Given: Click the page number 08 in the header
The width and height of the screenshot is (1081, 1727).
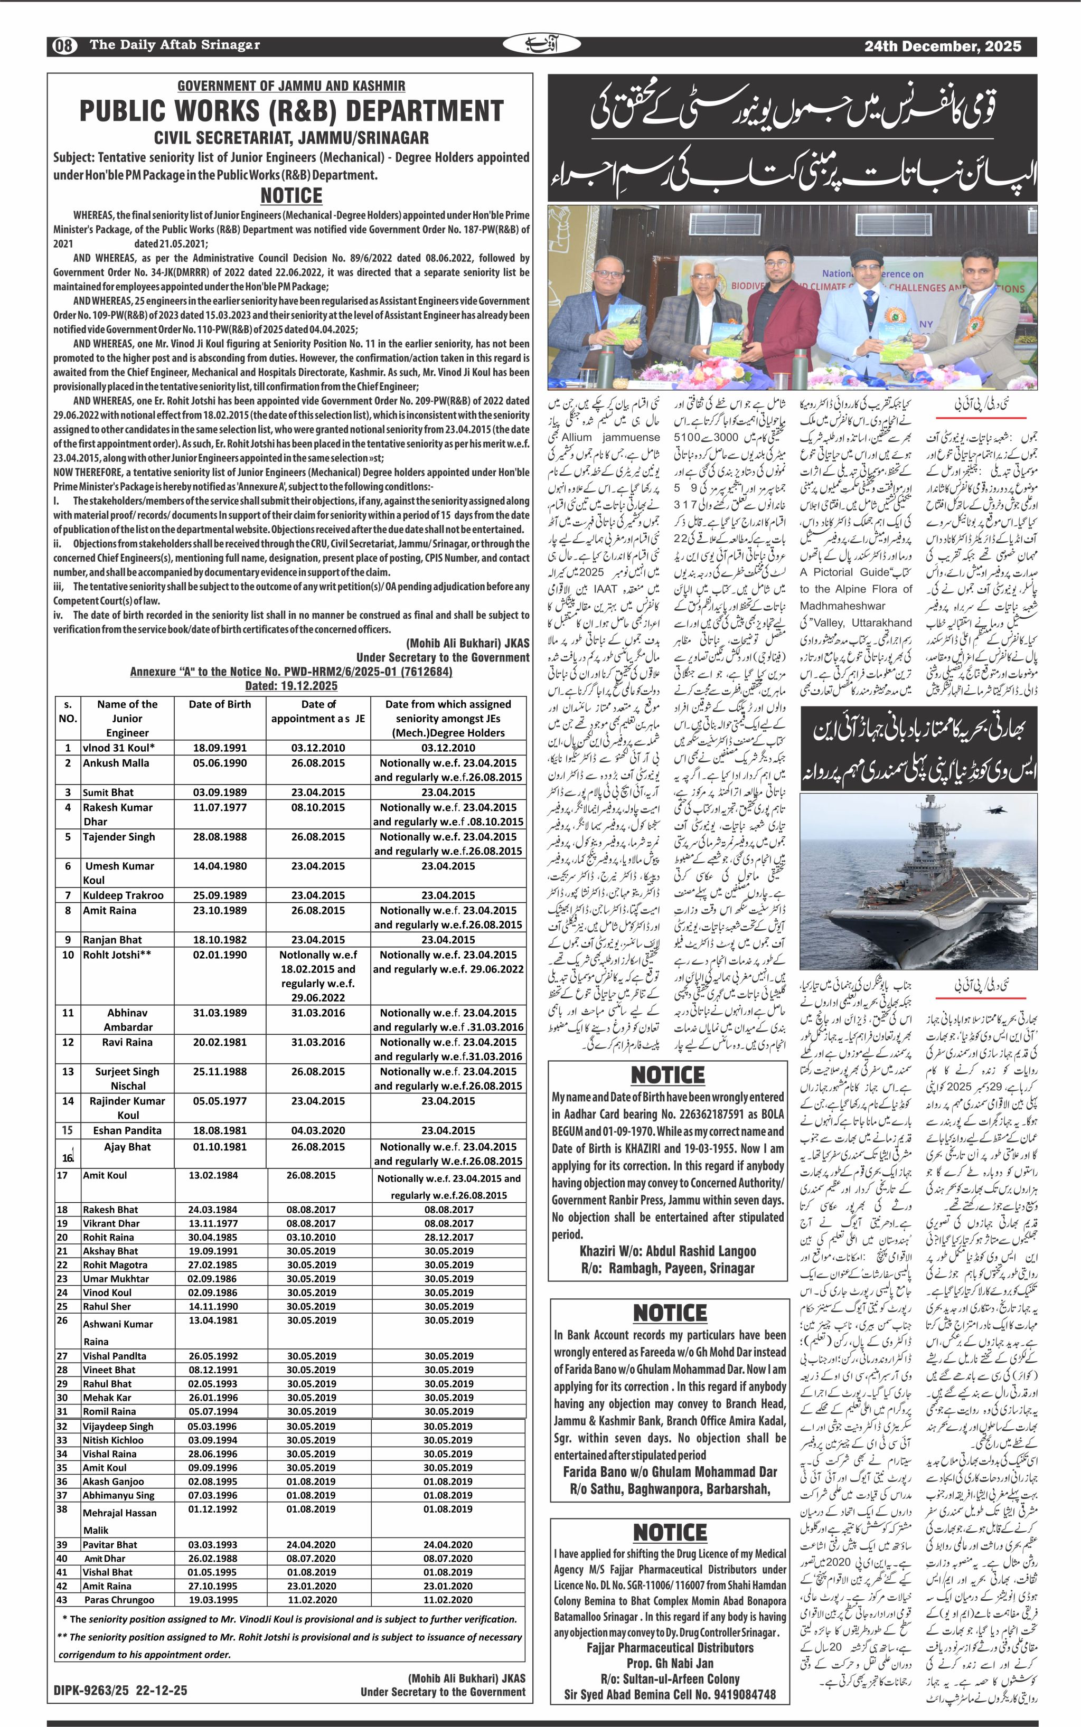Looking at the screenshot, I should click(x=63, y=46).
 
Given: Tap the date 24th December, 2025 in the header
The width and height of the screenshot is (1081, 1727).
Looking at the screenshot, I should click(x=942, y=46).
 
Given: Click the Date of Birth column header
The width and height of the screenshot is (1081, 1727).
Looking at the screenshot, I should click(x=220, y=704).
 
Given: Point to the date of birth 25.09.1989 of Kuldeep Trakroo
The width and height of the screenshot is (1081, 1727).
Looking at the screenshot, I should click(x=220, y=895).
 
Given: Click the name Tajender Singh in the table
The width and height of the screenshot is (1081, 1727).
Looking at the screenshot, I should click(x=117, y=836).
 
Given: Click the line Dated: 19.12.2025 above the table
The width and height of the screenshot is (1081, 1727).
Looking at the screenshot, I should click(x=291, y=685).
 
